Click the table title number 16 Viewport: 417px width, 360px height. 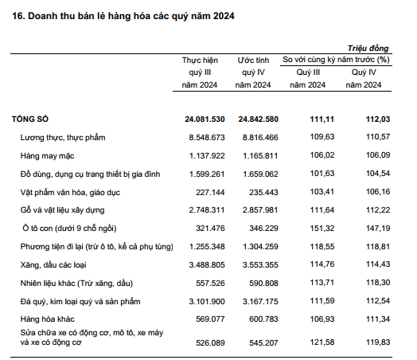pyautogui.click(x=18, y=16)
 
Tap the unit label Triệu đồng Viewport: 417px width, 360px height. pyautogui.click(x=368, y=49)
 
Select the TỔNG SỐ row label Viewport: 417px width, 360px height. pyautogui.click(x=30, y=119)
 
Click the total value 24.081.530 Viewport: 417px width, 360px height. pyautogui.click(x=205, y=119)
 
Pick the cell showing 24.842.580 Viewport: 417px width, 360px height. pyautogui.click(x=258, y=119)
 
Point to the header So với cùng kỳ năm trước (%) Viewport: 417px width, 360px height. pyautogui.click(x=336, y=60)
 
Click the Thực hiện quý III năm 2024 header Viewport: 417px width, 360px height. pyautogui.click(x=200, y=72)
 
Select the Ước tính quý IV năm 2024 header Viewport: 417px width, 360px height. pyautogui.click(x=253, y=72)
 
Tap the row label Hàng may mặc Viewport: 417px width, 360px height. pyautogui.click(x=47, y=155)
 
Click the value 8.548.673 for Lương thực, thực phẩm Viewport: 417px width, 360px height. pyautogui.click(x=207, y=138)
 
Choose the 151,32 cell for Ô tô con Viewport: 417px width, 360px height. pyautogui.click(x=322, y=229)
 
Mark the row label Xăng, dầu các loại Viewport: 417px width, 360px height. pyautogui.click(x=53, y=265)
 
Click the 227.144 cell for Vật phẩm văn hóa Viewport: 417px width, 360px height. pyautogui.click(x=210, y=193)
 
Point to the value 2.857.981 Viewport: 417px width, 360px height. pyautogui.click(x=260, y=210)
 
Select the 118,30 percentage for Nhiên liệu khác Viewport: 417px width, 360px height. pyautogui.click(x=378, y=283)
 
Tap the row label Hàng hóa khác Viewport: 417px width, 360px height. pyautogui.click(x=47, y=319)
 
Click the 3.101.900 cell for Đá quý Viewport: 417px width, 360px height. pyautogui.click(x=207, y=302)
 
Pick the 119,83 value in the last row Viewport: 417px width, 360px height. pyautogui.click(x=378, y=342)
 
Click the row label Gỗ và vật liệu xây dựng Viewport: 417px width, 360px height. pyautogui.click(x=63, y=210)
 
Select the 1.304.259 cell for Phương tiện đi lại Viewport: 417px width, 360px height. pyautogui.click(x=260, y=247)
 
